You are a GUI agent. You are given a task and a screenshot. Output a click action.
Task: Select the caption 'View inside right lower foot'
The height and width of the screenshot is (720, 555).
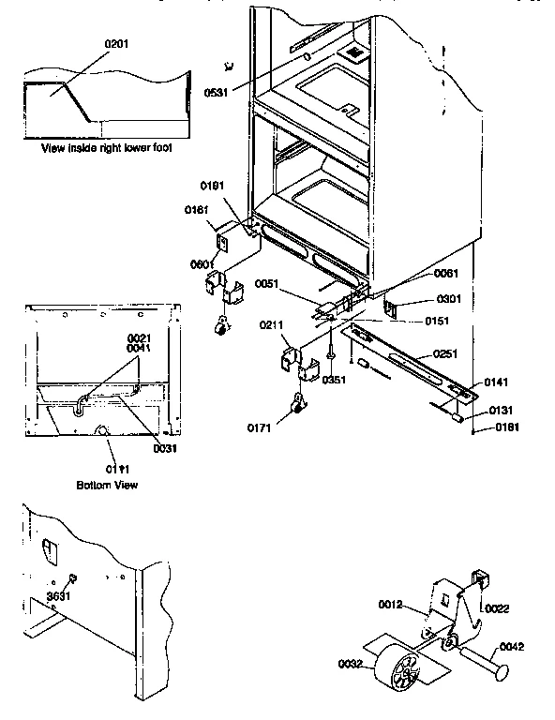point(107,148)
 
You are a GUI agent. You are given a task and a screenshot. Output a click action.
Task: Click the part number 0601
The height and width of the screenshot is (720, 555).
point(203,264)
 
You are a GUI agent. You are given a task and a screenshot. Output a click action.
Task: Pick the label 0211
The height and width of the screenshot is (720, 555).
point(272,324)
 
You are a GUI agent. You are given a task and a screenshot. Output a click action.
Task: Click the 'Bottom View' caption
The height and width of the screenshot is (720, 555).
point(107,485)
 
